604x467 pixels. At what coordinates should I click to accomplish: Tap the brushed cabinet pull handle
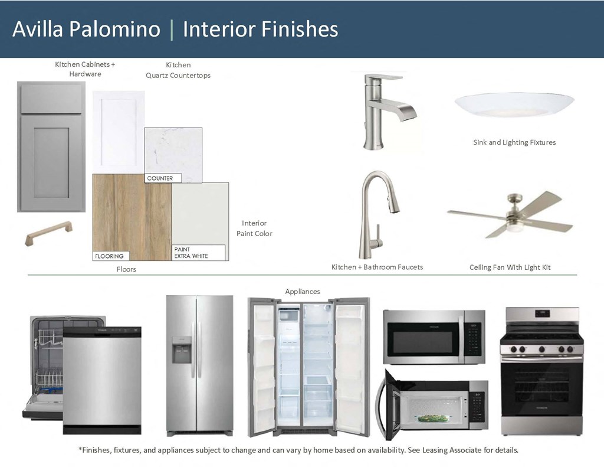coord(49,233)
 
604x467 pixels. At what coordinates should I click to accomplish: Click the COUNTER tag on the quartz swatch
coord(160,178)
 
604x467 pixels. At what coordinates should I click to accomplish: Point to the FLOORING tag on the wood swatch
coord(110,256)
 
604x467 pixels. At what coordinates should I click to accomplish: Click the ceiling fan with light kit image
coord(511,214)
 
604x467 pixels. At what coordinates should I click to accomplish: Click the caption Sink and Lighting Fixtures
coord(514,142)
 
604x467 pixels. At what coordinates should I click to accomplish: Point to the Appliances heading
coord(303,292)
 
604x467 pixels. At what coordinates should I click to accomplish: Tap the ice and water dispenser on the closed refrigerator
coord(182,350)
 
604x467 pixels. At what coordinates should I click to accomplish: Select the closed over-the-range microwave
coord(434,337)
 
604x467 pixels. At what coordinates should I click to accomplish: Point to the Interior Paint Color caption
coord(254,228)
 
